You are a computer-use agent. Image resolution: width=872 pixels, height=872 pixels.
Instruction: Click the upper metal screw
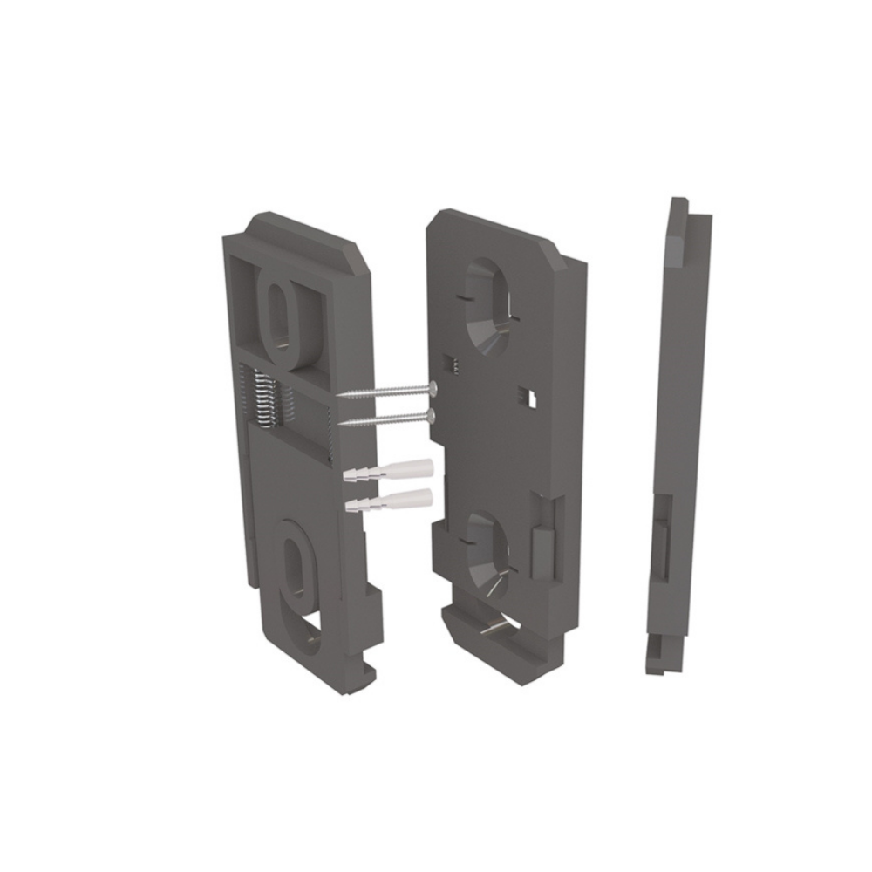coord(388,391)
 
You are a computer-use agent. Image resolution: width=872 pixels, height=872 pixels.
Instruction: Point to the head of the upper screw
coord(432,386)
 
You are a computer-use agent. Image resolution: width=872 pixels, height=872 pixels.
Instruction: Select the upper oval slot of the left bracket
coord(280,314)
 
